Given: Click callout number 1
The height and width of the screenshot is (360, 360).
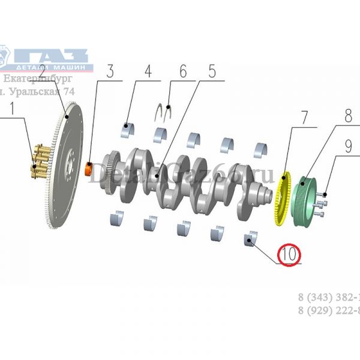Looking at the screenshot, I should coord(10,110).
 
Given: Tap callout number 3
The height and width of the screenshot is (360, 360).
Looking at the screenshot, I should coord(110,72).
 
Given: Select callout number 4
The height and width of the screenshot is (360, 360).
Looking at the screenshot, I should coord(148,72).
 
